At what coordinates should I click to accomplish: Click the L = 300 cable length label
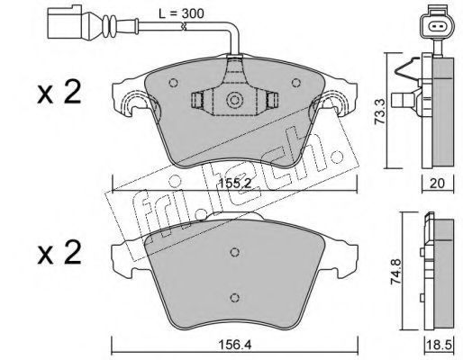click(x=181, y=13)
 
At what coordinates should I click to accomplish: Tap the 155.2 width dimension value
click(x=234, y=184)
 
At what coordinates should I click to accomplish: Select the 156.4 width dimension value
click(x=235, y=345)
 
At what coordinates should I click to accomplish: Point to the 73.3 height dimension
click(x=380, y=111)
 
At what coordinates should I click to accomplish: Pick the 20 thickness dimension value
click(x=437, y=184)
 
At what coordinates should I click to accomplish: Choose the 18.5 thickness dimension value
click(x=440, y=345)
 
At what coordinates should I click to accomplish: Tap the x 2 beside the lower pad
click(x=59, y=253)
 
